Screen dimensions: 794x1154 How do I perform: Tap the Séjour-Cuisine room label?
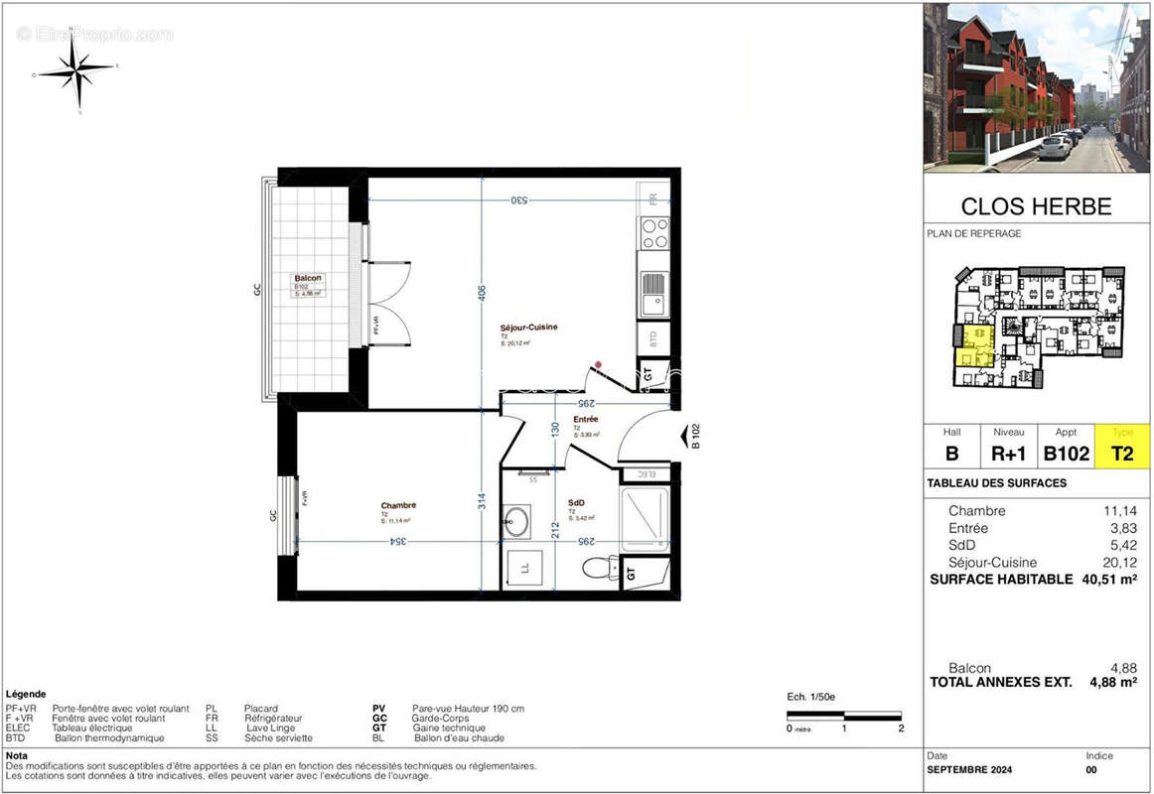tap(528, 328)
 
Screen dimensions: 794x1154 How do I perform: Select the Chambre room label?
tap(397, 505)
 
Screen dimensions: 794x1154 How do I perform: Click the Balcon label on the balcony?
tap(308, 278)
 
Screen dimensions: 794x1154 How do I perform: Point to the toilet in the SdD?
tap(597, 567)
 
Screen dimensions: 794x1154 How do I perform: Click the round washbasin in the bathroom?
tap(516, 522)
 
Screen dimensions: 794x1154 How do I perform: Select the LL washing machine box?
tap(524, 569)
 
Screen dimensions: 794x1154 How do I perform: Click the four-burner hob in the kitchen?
tap(654, 233)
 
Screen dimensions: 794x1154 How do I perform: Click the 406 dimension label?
tap(482, 295)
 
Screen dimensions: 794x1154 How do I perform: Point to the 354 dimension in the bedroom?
tap(396, 541)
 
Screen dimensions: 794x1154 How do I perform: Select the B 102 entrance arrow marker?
tap(689, 437)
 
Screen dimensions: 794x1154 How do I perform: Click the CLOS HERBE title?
tap(1036, 206)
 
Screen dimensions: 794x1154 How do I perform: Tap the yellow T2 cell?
tap(1122, 453)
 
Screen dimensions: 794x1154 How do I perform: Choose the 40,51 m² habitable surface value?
tap(1108, 580)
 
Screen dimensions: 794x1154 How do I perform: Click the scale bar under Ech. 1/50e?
tap(843, 715)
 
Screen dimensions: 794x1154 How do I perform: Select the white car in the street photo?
tap(1055, 147)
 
